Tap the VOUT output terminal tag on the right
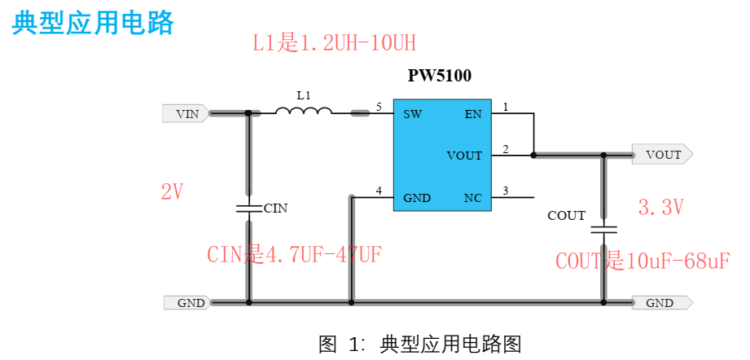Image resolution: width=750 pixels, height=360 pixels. (662, 154)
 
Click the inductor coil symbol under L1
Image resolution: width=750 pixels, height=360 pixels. (304, 112)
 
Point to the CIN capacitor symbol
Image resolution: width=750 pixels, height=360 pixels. (248, 208)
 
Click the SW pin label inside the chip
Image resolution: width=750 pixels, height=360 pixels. (412, 114)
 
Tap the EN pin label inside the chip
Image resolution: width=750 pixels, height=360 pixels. (473, 114)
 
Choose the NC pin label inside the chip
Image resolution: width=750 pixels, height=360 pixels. (472, 198)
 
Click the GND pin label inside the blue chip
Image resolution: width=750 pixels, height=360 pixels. (417, 198)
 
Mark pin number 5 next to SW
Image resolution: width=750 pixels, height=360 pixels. (379, 107)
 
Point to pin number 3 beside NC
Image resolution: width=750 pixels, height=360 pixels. (505, 191)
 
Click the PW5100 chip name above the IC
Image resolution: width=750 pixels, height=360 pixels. (440, 76)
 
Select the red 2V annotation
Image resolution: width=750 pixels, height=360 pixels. (172, 192)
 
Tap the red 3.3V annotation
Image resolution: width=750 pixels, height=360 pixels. (660, 208)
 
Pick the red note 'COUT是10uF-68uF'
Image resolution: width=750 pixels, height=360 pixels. (643, 261)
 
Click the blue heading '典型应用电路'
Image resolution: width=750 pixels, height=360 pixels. (93, 23)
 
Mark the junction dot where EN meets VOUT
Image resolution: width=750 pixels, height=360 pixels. (533, 154)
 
